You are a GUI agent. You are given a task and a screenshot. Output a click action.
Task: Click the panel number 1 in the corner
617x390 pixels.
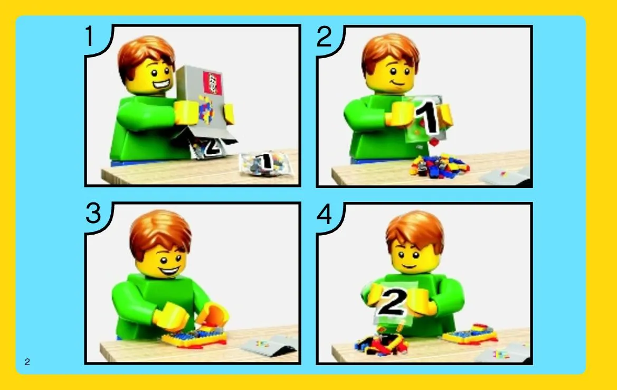pos(90,36)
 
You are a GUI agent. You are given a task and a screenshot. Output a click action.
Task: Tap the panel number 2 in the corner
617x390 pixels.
pos(324,37)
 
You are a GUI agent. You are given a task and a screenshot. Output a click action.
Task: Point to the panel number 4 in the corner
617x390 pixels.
pos(324,215)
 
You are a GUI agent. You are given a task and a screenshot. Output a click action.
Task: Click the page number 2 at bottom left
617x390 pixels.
pos(27,362)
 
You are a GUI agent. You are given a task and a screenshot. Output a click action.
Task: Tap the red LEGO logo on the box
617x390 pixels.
pos(213,83)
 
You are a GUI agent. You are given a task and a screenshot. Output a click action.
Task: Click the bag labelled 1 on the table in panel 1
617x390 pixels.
pos(265,163)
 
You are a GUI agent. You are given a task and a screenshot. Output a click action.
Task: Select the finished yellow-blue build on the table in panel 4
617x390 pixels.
pos(470,333)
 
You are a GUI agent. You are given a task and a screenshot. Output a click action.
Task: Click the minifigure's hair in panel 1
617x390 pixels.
pos(146,55)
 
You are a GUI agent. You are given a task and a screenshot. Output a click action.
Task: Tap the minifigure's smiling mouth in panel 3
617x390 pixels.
pos(169,271)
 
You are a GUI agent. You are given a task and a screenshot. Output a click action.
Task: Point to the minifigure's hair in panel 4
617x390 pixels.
pos(415,230)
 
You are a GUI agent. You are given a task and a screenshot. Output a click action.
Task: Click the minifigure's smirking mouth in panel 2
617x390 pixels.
pos(397,83)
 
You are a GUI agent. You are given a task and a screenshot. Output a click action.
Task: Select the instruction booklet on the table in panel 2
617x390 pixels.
pos(506,177)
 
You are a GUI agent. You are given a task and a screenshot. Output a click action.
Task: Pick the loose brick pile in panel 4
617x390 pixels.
pos(381,343)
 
